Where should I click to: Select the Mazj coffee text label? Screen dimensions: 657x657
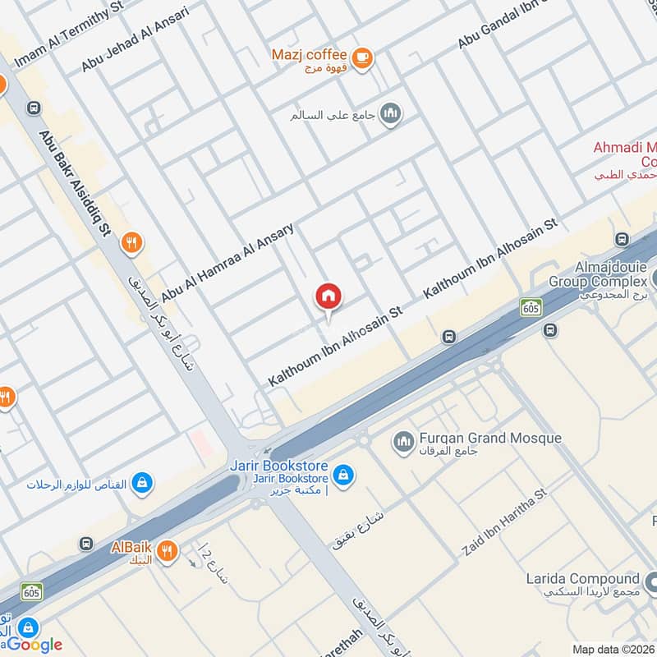click(309, 55)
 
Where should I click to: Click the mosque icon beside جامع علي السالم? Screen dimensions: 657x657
click(391, 114)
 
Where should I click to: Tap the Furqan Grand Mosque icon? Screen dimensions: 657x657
click(402, 443)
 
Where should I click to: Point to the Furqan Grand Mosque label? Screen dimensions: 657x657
click(490, 438)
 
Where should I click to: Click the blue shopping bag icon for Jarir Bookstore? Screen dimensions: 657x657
click(344, 476)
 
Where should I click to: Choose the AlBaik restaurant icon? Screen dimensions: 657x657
click(168, 550)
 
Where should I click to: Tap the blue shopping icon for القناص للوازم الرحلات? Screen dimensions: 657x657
click(142, 483)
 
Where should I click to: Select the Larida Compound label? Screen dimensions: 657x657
click(582, 579)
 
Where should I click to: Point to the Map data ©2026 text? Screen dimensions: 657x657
click(613, 649)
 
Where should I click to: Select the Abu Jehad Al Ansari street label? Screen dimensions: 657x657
click(135, 39)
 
